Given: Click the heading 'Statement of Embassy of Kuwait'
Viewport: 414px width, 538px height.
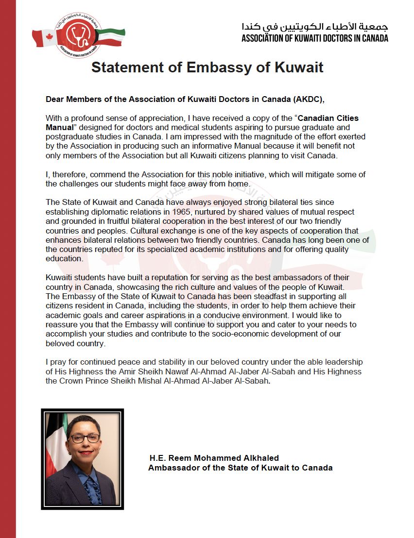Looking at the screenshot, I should click(207, 67).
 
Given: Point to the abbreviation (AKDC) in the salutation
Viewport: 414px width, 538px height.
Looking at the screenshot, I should click(308, 100).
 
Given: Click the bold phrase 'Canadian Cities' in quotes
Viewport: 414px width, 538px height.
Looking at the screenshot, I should click(328, 118).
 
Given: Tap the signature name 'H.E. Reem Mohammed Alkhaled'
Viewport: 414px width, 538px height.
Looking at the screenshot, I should click(214, 458).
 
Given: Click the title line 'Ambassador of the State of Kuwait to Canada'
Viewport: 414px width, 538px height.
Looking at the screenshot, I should click(240, 468).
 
